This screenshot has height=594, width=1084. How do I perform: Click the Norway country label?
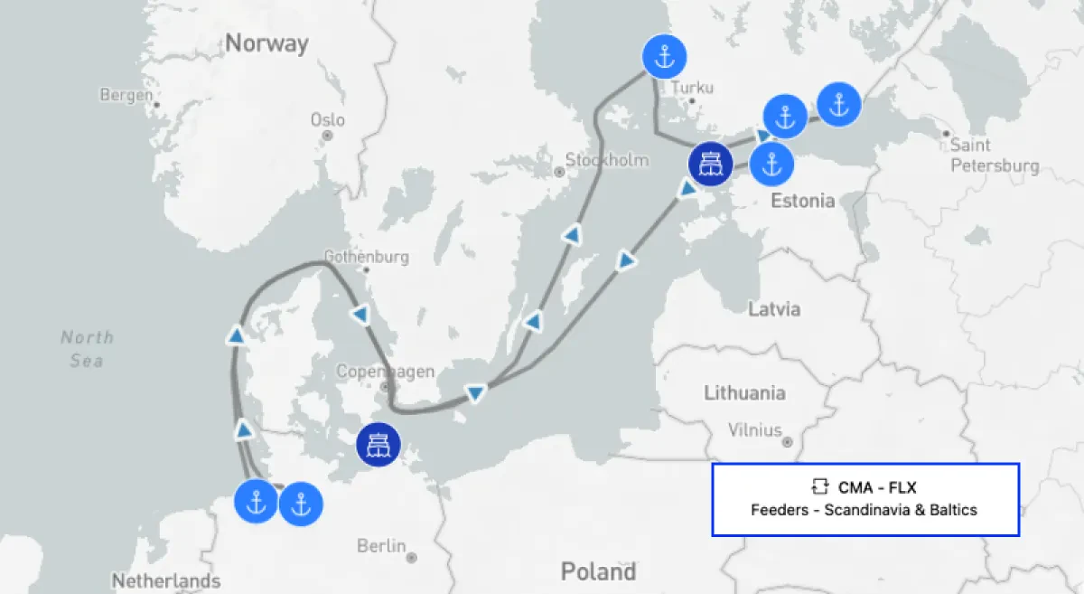266,42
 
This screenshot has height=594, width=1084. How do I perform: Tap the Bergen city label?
126,95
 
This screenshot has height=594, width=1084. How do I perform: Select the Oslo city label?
327,119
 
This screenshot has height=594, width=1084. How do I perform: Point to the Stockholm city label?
607,160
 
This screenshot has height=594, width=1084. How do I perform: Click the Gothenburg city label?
366,257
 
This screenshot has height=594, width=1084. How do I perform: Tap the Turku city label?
692,88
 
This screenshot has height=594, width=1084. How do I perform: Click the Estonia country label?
802,201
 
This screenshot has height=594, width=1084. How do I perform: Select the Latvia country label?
774,309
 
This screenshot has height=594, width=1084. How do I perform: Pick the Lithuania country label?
744,393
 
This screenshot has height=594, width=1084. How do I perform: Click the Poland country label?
598,571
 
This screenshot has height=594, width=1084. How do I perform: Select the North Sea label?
87,349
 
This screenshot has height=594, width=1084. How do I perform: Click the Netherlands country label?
165,580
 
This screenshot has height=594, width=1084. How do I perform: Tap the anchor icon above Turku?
664,58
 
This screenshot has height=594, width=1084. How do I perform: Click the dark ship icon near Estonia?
710,164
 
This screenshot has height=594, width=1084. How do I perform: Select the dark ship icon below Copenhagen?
378,444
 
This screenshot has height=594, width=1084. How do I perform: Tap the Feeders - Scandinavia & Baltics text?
864,510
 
